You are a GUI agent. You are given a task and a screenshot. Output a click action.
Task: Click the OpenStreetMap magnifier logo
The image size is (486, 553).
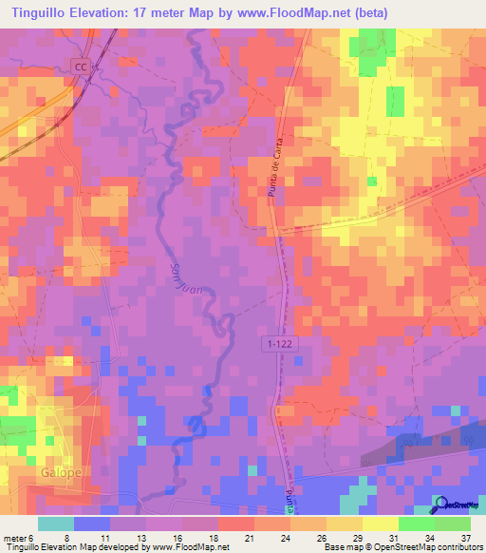(x=440, y=504)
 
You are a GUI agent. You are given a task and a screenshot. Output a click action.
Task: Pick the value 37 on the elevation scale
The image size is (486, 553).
(x=464, y=537)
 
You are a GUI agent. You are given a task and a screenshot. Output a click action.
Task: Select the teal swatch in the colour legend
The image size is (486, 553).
(x=56, y=524)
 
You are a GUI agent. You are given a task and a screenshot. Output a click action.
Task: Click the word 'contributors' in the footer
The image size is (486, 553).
(x=454, y=547)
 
